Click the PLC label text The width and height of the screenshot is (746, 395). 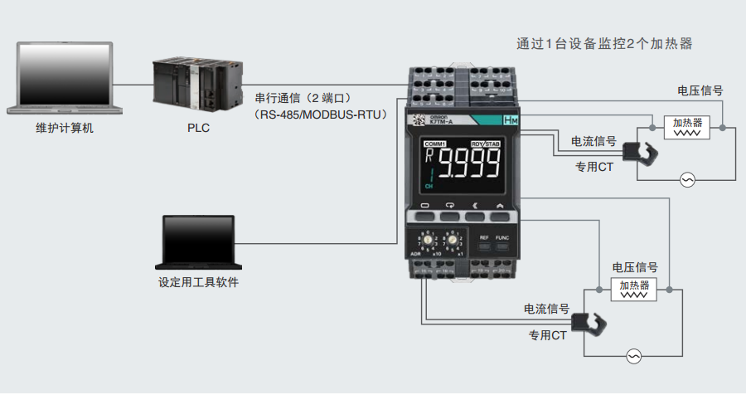pyautogui.click(x=199, y=129)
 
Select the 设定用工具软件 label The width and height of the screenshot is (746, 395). pyautogui.click(x=198, y=282)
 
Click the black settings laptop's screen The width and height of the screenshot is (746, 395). pyautogui.click(x=198, y=239)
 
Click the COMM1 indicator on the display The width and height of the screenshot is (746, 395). pyautogui.click(x=436, y=144)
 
